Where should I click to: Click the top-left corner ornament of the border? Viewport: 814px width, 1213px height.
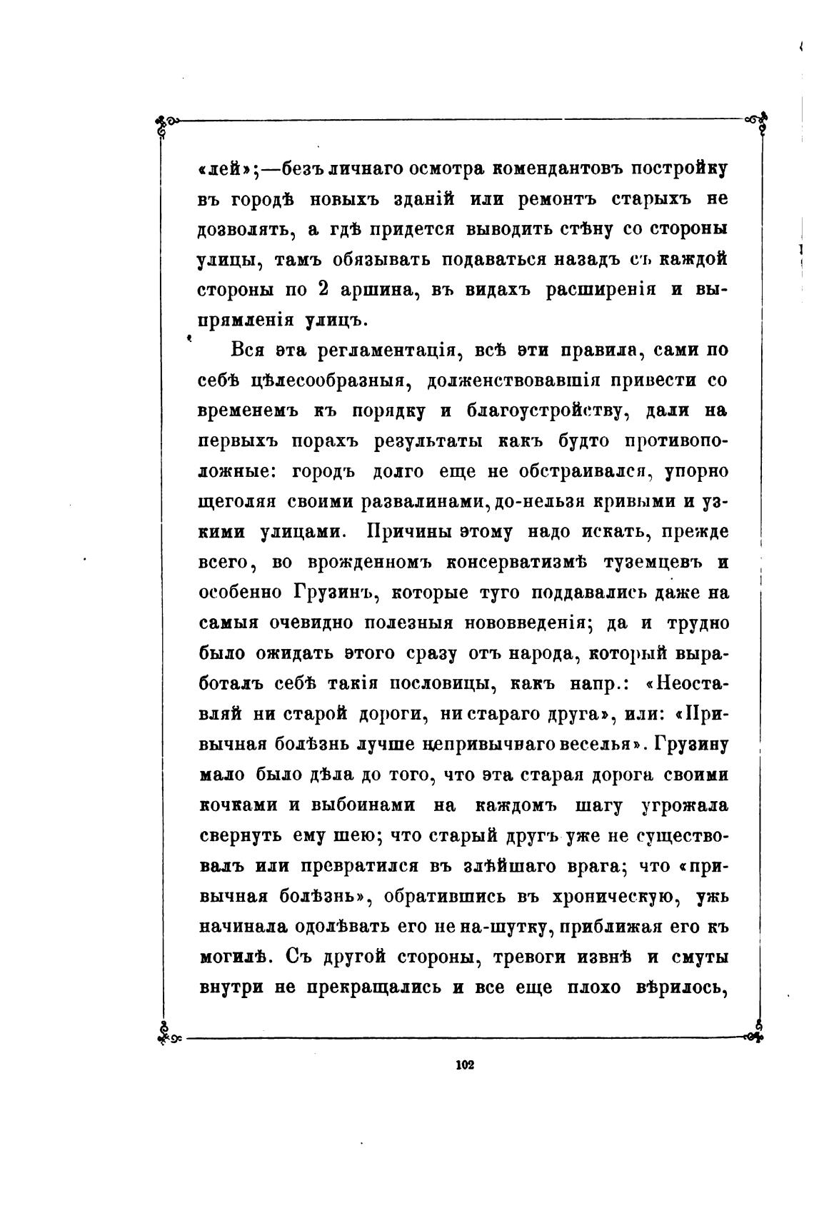tap(166, 122)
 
